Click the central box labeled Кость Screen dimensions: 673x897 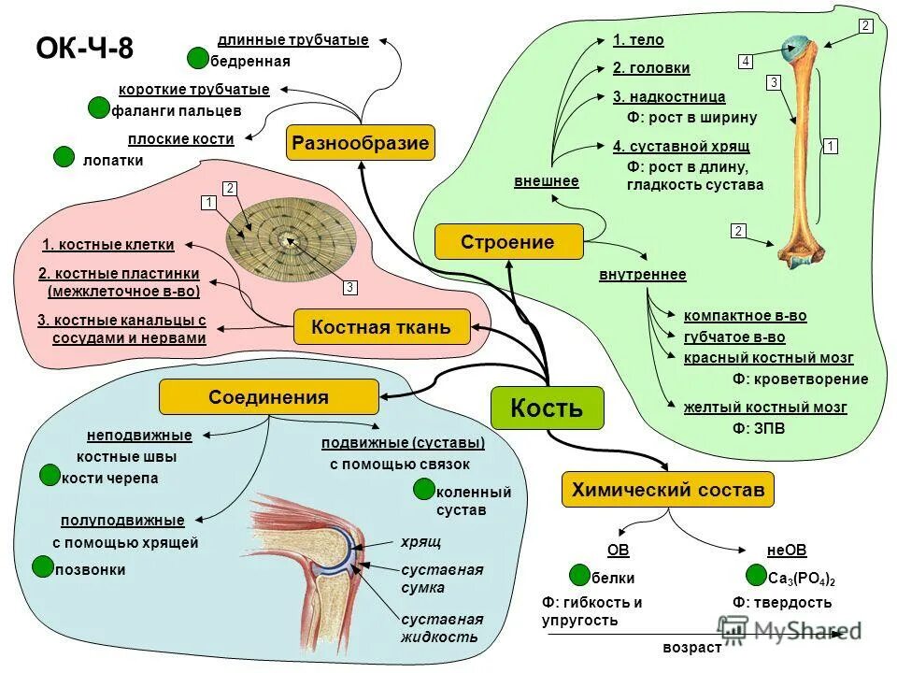pyautogui.click(x=547, y=408)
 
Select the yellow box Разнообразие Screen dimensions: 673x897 pyautogui.click(x=360, y=144)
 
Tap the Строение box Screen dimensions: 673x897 pyautogui.click(x=507, y=242)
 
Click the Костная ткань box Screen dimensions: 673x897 pyautogui.click(x=380, y=327)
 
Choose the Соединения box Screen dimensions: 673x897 pyautogui.click(x=268, y=397)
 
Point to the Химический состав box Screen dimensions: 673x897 pyautogui.click(x=667, y=489)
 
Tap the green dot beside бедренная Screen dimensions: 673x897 pyautogui.click(x=197, y=59)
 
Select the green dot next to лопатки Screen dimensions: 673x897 pyautogui.click(x=64, y=157)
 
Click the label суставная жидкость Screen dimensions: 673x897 pyautogui.click(x=441, y=628)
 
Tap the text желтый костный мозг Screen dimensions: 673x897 pyautogui.click(x=765, y=408)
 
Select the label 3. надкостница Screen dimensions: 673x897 pyautogui.click(x=669, y=96)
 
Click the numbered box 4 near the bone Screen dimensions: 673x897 pyautogui.click(x=746, y=62)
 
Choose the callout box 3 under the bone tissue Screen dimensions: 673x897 pyautogui.click(x=349, y=288)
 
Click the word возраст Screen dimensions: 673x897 pyautogui.click(x=691, y=647)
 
